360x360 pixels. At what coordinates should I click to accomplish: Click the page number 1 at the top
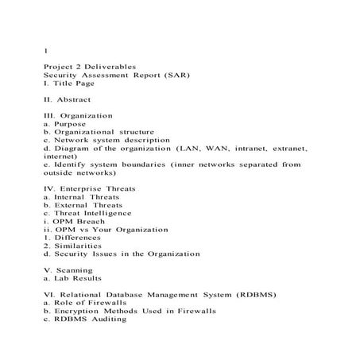45,51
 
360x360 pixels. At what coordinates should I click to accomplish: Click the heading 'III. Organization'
79,115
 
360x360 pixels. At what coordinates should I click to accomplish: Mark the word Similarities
76,246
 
